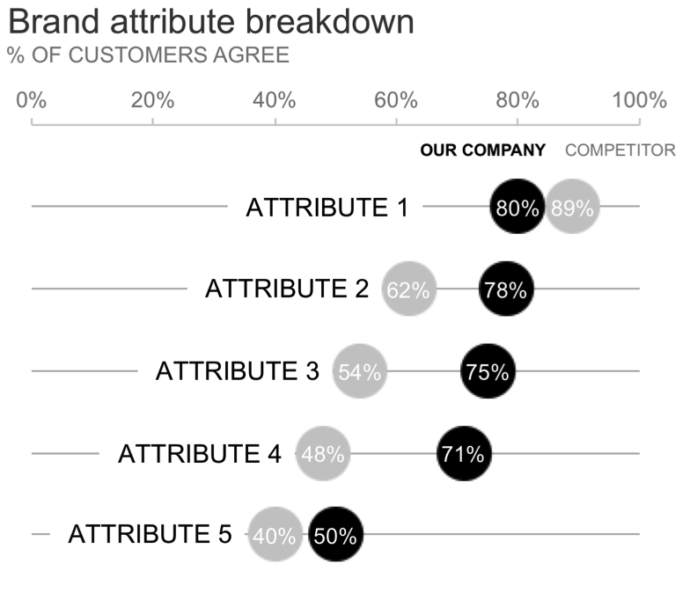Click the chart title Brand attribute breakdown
point(210,22)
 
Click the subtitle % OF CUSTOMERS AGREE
point(147,55)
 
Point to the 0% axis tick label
point(32,99)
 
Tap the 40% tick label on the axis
point(274,99)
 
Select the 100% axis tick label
point(639,99)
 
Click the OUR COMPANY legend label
point(482,150)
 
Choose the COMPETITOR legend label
point(620,150)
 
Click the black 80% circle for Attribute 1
point(517,208)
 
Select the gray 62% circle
point(408,289)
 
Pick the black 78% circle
point(505,289)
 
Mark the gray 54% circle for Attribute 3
point(359,371)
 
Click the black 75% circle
point(488,371)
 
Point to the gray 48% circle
point(323,454)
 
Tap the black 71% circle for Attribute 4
point(464,454)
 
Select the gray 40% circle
point(275,535)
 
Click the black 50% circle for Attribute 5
point(335,535)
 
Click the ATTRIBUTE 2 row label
point(287,289)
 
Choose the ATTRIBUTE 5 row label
point(150,534)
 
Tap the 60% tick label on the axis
point(395,99)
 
